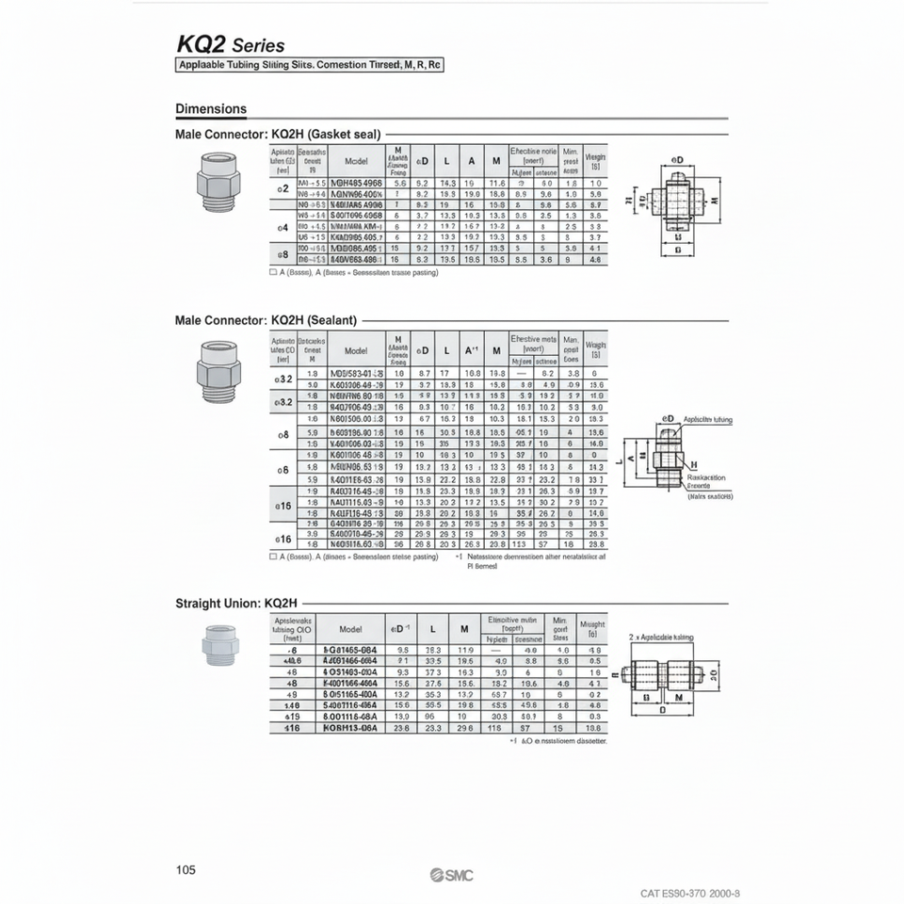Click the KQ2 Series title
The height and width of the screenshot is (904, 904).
(230, 44)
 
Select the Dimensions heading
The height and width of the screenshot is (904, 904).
(211, 108)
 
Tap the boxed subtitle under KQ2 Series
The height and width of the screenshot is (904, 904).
(310, 65)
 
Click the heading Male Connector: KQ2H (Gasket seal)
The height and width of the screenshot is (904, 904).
(278, 134)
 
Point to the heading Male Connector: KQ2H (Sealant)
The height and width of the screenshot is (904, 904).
(266, 320)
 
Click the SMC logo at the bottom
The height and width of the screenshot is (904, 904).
(452, 876)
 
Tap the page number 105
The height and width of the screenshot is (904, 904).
(186, 870)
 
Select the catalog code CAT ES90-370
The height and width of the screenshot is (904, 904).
(689, 893)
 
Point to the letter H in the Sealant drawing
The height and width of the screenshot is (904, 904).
(693, 465)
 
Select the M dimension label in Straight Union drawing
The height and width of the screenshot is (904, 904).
(678, 698)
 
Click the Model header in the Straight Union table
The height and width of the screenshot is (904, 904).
(350, 629)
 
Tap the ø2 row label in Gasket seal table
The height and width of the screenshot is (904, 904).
(281, 188)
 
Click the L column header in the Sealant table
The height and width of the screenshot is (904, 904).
(446, 350)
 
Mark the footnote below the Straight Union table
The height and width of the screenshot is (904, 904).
(557, 741)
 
